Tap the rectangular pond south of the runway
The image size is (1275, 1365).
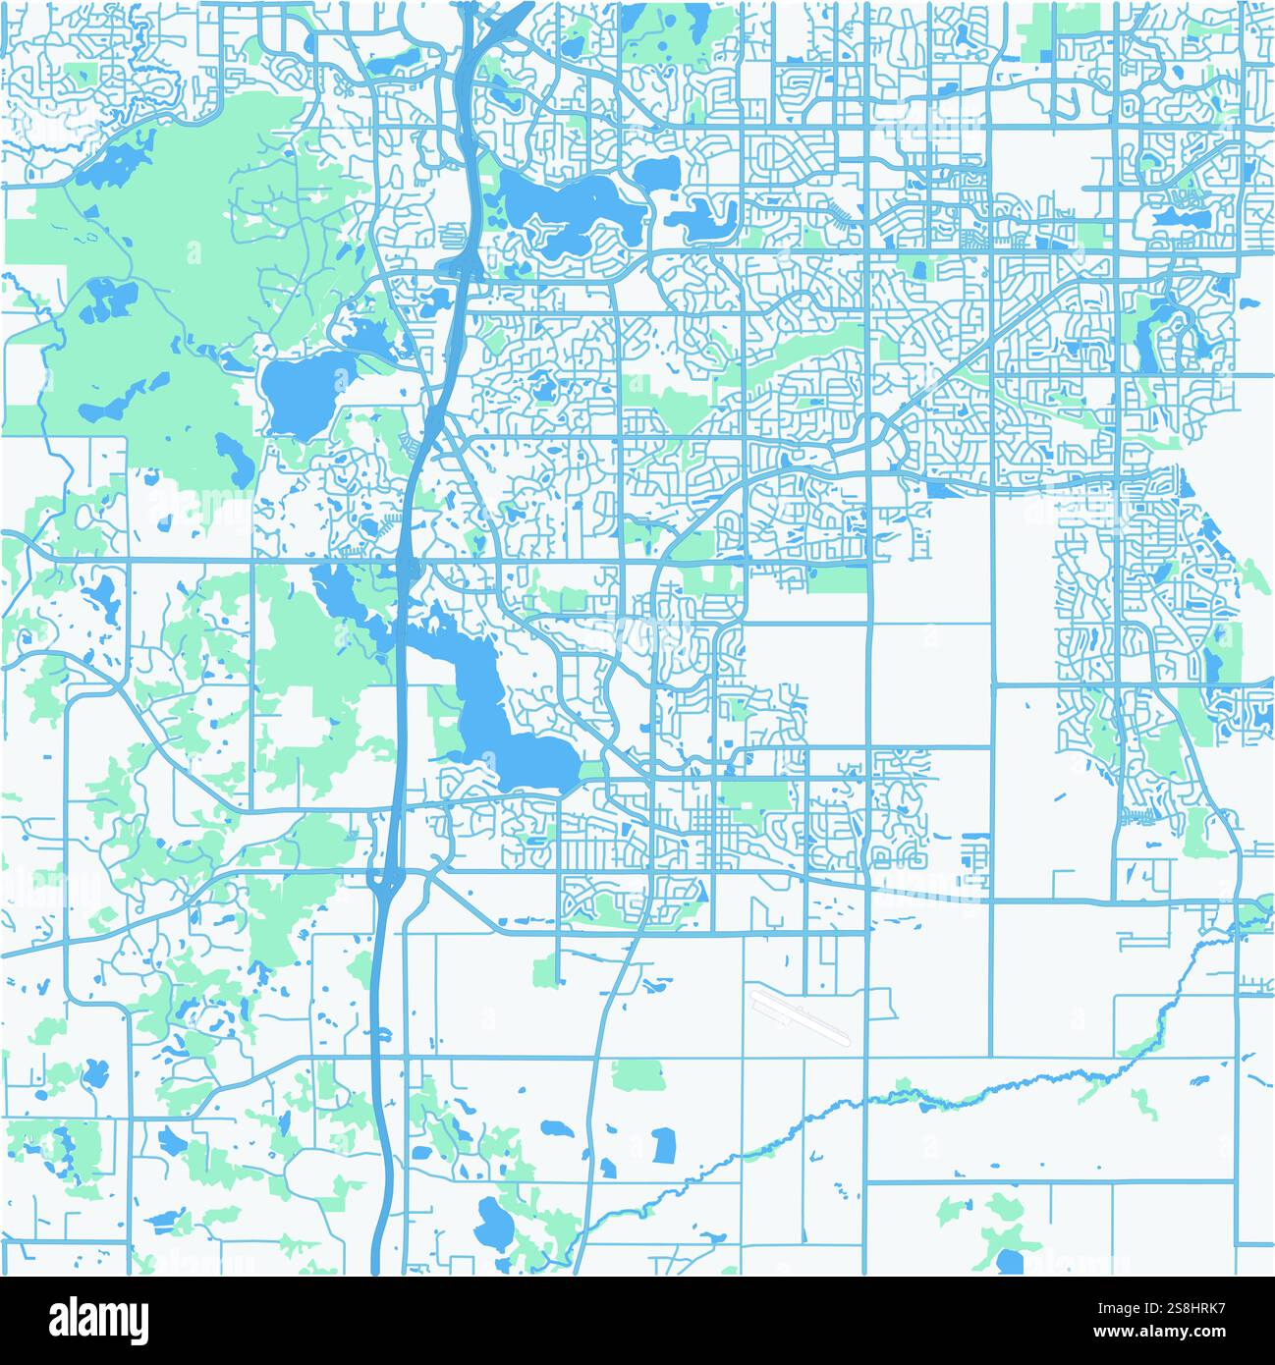pos(664,1142)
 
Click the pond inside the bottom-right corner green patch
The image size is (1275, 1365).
pos(1008,1260)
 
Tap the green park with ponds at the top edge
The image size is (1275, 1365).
pos(668,29)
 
